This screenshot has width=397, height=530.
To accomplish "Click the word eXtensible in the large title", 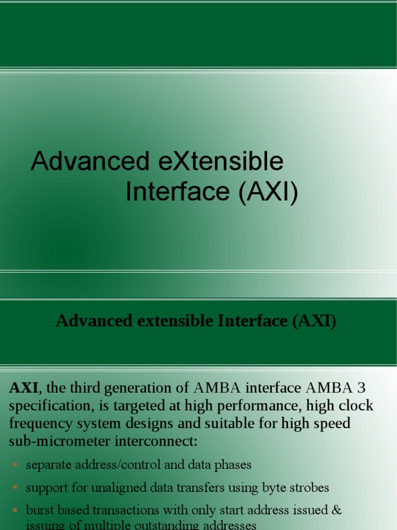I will (x=220, y=161).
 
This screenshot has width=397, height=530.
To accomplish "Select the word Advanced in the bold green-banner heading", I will (x=94, y=321).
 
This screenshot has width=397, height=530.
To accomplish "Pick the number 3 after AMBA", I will (x=366, y=388).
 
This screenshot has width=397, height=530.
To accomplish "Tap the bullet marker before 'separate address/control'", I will (x=14, y=465).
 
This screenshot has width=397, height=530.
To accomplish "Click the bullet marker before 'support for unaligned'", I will (x=14, y=488).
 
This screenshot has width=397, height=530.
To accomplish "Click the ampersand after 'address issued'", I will (x=337, y=510).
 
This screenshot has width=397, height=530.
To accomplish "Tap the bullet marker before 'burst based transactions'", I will (x=14, y=510).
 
